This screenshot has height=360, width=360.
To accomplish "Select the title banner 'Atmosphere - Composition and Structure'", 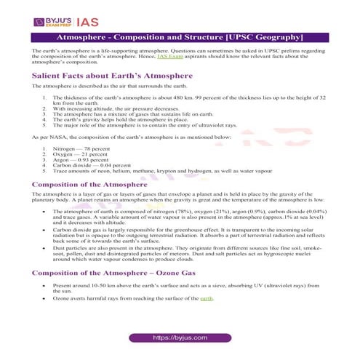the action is (x=180, y=36).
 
